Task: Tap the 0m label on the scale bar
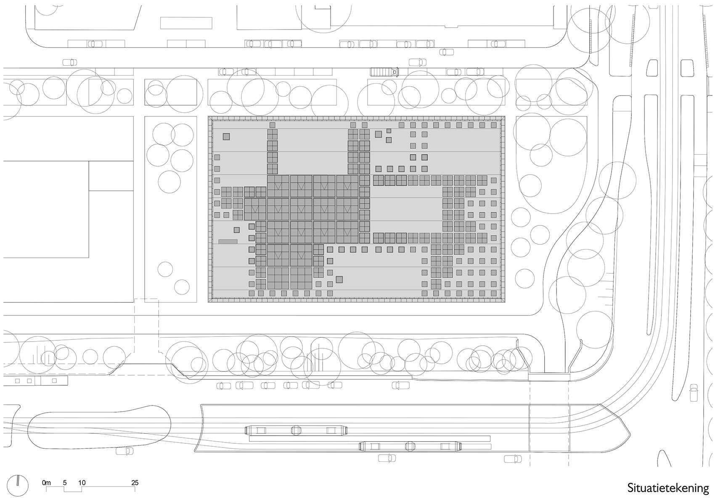click(x=46, y=483)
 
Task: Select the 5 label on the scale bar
click(x=64, y=483)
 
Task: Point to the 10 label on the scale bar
click(x=82, y=483)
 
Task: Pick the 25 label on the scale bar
click(x=135, y=483)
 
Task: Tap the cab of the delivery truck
click(x=395, y=72)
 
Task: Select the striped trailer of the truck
click(x=381, y=72)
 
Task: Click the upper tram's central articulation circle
click(x=296, y=430)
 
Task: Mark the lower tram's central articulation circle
click(x=410, y=446)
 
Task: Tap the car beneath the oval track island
click(x=125, y=451)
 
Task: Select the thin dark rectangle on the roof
click(x=228, y=241)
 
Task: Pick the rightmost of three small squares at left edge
click(x=54, y=381)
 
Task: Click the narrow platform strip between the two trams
click(x=370, y=438)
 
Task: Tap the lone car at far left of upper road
click(x=69, y=62)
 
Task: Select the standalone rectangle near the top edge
click(x=186, y=23)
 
